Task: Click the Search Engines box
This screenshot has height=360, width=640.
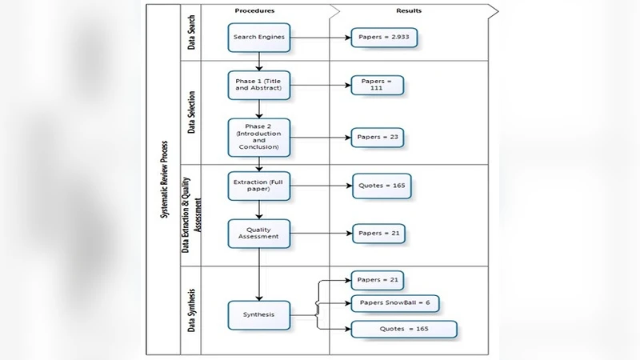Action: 258,38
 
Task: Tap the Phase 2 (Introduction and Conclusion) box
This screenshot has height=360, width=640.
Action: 258,138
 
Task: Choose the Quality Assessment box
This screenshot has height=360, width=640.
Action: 258,234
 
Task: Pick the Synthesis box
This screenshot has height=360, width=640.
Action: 258,314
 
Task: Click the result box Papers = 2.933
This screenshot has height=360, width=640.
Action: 383,38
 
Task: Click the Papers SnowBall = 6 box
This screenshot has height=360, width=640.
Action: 395,303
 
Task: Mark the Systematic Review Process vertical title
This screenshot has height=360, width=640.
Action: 165,180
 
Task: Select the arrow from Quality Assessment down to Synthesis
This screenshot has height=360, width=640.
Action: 258,272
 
